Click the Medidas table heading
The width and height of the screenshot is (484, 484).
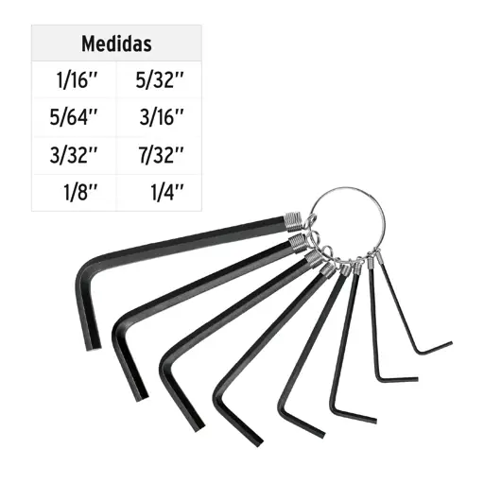pos(116,43)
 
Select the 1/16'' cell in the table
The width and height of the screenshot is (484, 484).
pos(78,79)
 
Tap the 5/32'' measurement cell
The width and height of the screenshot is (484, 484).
pos(160,79)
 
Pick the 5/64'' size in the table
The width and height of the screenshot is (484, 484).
pos(74,117)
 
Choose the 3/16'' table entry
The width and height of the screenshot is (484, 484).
pos(162,117)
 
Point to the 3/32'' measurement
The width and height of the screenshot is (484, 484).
pos(74,155)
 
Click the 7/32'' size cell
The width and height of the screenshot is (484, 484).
pos(161,155)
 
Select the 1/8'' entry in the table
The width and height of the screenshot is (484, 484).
pos(80,192)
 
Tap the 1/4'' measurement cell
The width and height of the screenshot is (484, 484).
pos(167,192)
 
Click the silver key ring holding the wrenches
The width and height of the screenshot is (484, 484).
pos(346,188)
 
